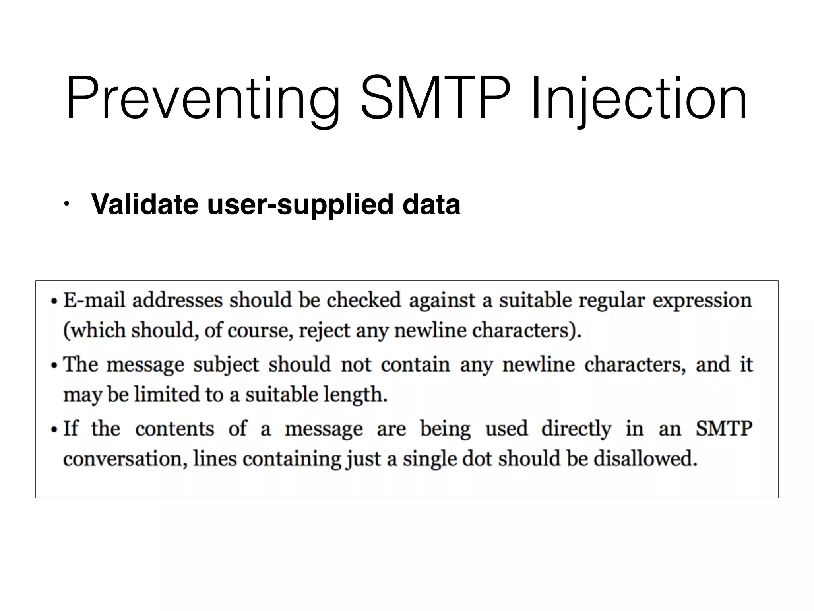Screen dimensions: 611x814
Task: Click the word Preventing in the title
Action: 203,99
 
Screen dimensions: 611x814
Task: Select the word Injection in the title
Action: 639,99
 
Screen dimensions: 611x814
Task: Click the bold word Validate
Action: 145,204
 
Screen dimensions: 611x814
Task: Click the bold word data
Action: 431,204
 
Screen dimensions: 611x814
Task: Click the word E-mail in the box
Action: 94,300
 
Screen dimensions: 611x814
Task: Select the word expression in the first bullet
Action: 702,301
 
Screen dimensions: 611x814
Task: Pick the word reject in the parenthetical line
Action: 324,331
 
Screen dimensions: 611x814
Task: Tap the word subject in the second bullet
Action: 226,365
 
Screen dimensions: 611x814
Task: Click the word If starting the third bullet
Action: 71,428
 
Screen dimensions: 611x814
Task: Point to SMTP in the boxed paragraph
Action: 723,429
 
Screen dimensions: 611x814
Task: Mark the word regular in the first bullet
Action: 611,301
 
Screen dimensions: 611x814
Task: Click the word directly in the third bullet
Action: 576,429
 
